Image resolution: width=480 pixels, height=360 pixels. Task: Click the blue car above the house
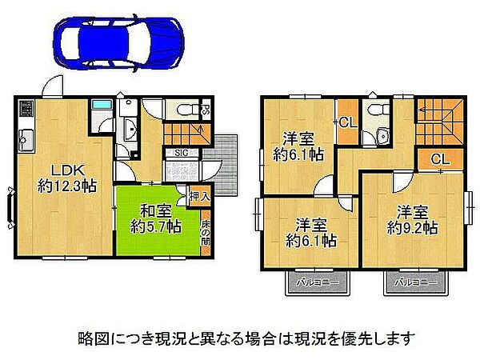click(118, 38)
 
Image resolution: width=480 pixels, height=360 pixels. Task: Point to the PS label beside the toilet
click(206, 110)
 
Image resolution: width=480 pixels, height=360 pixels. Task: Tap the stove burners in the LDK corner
click(25, 107)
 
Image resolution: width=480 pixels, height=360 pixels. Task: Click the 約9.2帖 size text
click(412, 227)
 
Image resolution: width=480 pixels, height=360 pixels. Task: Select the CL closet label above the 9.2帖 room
click(440, 159)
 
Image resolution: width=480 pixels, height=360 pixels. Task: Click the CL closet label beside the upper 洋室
click(346, 122)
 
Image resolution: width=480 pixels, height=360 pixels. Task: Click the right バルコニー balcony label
click(414, 282)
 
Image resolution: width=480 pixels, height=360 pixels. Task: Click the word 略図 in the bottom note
click(91, 338)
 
